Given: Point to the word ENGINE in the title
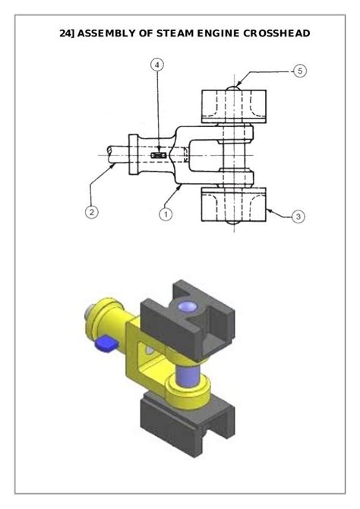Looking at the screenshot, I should point(217,33).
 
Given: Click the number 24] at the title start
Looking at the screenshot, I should point(67,33).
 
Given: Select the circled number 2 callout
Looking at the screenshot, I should point(90,212).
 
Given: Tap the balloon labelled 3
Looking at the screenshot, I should point(298,217).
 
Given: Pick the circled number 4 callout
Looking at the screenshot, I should point(157,65).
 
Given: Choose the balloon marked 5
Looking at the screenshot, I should point(299,71).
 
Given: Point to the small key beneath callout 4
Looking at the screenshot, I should point(159,155).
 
